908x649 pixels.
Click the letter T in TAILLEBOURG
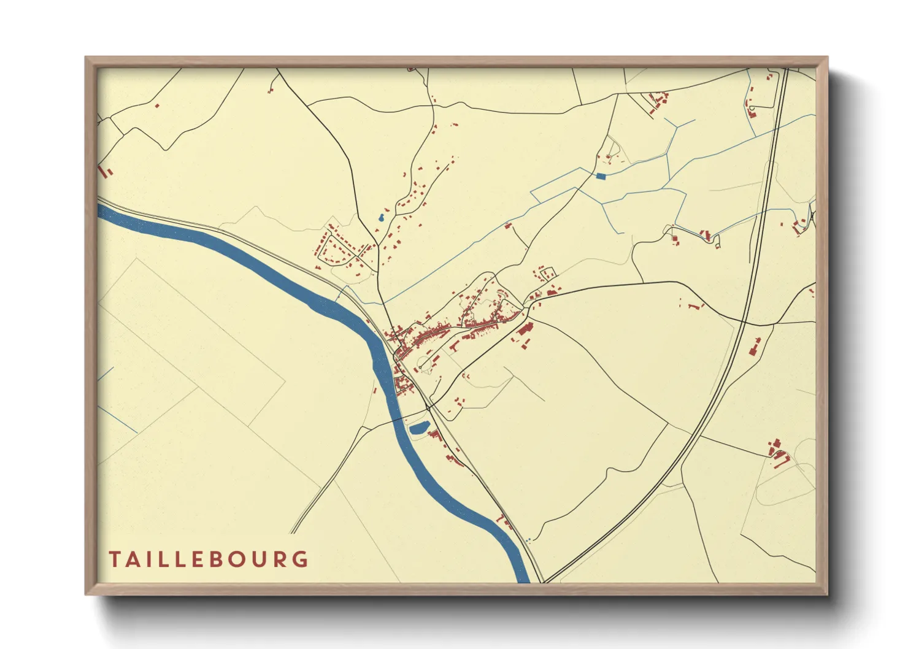click(115, 559)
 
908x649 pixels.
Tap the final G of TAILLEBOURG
click(301, 559)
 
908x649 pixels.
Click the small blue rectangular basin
click(601, 176)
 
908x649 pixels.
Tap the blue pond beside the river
click(418, 428)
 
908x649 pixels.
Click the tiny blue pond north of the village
click(382, 217)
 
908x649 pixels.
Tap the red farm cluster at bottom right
click(778, 454)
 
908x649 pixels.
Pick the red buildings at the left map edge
click(106, 170)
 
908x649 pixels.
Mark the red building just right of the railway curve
click(754, 349)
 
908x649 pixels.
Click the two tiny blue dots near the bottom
click(528, 540)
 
